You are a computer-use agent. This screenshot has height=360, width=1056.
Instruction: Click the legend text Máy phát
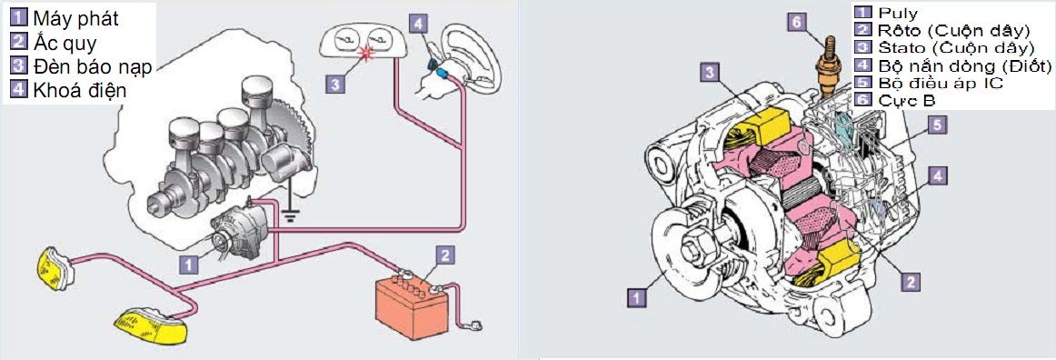(75, 18)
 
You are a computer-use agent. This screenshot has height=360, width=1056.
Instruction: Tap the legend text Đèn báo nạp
(93, 66)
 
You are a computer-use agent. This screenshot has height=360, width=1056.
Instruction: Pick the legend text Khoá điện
(79, 90)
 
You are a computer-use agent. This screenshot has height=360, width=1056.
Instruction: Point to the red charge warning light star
(368, 54)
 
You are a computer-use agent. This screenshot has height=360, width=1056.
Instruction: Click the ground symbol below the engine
(290, 215)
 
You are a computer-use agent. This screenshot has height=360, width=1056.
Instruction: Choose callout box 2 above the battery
(443, 255)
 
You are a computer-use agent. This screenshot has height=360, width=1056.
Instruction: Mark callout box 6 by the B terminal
(797, 22)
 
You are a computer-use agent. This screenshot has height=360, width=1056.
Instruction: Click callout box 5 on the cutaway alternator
(937, 124)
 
